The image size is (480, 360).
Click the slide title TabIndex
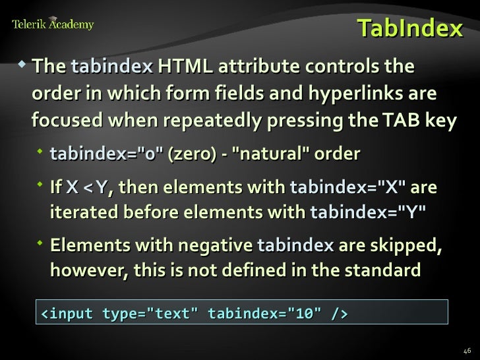(409, 28)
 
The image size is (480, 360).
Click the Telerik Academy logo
(53, 25)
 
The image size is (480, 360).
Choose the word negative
(212, 245)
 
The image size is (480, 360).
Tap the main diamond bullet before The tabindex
(24, 65)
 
